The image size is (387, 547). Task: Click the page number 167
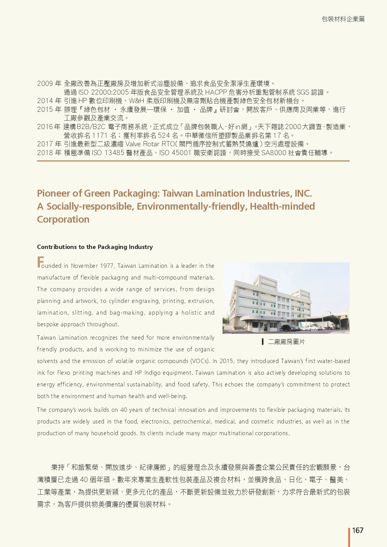tap(358, 530)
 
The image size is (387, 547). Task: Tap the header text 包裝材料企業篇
tap(343, 19)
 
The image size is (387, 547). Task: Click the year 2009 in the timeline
tap(45, 84)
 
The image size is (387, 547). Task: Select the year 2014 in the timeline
tap(45, 101)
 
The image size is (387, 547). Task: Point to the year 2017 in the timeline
tap(45, 144)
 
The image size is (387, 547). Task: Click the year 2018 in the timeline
tap(45, 153)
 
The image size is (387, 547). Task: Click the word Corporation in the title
tap(63, 219)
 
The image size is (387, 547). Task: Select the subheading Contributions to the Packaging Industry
tap(95, 247)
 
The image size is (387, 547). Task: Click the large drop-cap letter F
tap(40, 262)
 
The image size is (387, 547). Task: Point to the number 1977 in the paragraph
tap(107, 266)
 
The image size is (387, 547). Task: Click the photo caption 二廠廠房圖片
tap(286, 342)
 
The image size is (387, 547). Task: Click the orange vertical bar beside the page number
tap(349, 537)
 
